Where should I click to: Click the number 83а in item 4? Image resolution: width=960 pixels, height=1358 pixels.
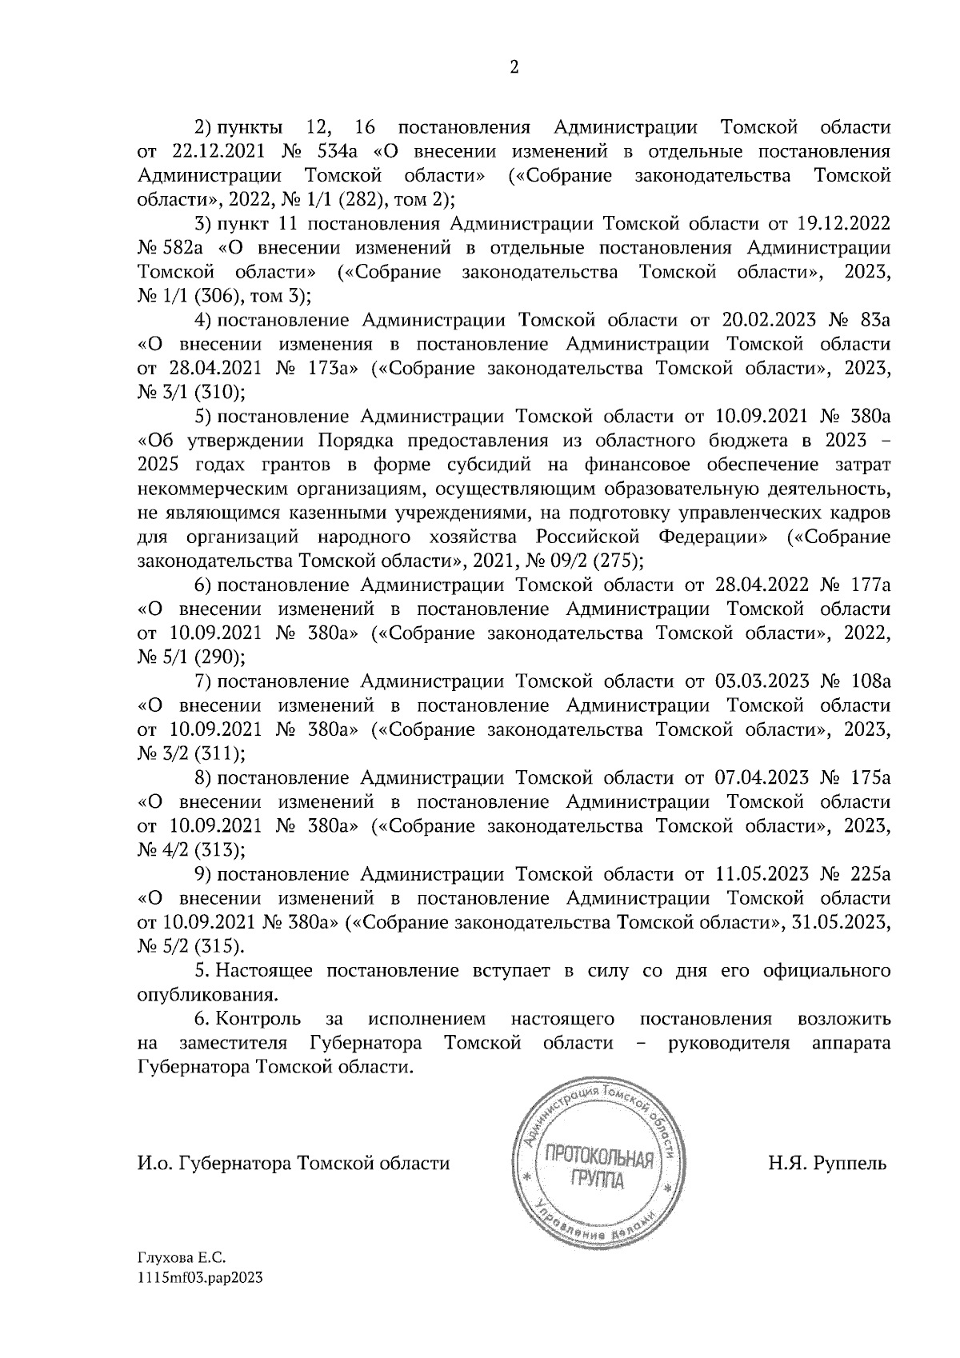pyautogui.click(x=872, y=321)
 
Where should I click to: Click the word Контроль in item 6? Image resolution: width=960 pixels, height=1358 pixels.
pyautogui.click(x=258, y=1019)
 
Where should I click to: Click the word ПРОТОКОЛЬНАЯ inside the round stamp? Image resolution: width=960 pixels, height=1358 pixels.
pyautogui.click(x=598, y=1156)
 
